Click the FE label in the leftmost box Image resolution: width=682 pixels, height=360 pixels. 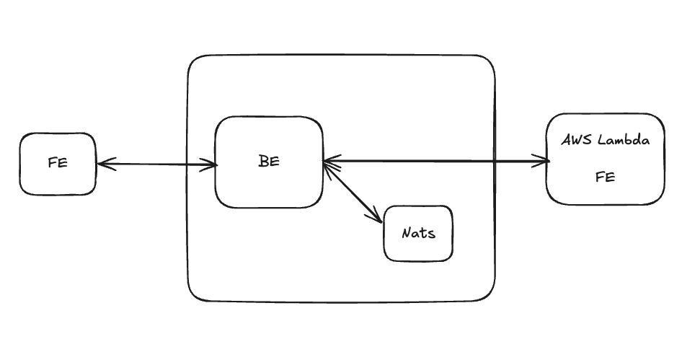point(58,162)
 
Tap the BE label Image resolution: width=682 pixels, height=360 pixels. point(268,162)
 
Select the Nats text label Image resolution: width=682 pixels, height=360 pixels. point(418,233)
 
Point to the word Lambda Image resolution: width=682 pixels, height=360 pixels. point(624,140)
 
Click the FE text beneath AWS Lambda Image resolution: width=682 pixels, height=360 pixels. point(605,177)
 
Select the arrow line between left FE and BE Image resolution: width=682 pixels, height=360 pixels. point(157,164)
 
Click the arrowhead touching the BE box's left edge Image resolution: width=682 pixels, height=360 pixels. point(212,165)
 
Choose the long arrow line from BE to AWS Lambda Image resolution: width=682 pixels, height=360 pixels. point(433,161)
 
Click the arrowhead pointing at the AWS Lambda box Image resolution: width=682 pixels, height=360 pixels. point(544,161)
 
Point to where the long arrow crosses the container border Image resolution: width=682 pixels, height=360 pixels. point(495,161)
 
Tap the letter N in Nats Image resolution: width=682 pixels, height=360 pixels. point(406,233)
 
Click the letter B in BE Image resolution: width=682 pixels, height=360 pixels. point(263,162)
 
